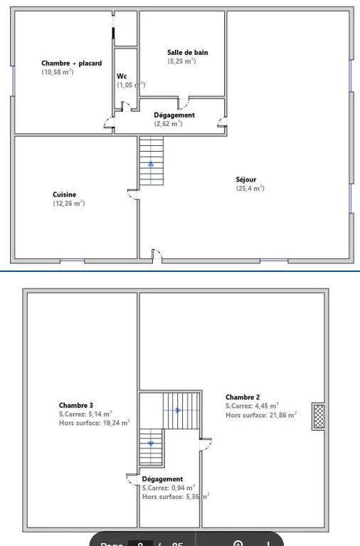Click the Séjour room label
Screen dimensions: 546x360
coord(246,179)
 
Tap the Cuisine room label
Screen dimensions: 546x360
coord(64,194)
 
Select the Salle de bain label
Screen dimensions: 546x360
coord(187,52)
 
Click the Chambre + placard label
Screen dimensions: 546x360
coord(71,63)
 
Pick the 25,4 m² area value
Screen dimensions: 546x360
coord(250,189)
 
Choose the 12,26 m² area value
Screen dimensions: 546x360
coord(68,204)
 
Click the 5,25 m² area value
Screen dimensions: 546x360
coord(181,61)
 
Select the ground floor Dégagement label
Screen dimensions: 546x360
coord(174,115)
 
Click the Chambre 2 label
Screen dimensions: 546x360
coord(243,397)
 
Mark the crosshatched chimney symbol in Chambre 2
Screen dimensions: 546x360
coord(318,416)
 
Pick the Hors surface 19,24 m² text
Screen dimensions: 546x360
coord(94,423)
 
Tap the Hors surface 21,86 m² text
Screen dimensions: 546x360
coord(261,414)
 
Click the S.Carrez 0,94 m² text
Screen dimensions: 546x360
coord(169,488)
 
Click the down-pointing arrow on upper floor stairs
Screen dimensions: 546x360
coord(151,443)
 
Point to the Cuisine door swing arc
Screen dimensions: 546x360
coord(132,194)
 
